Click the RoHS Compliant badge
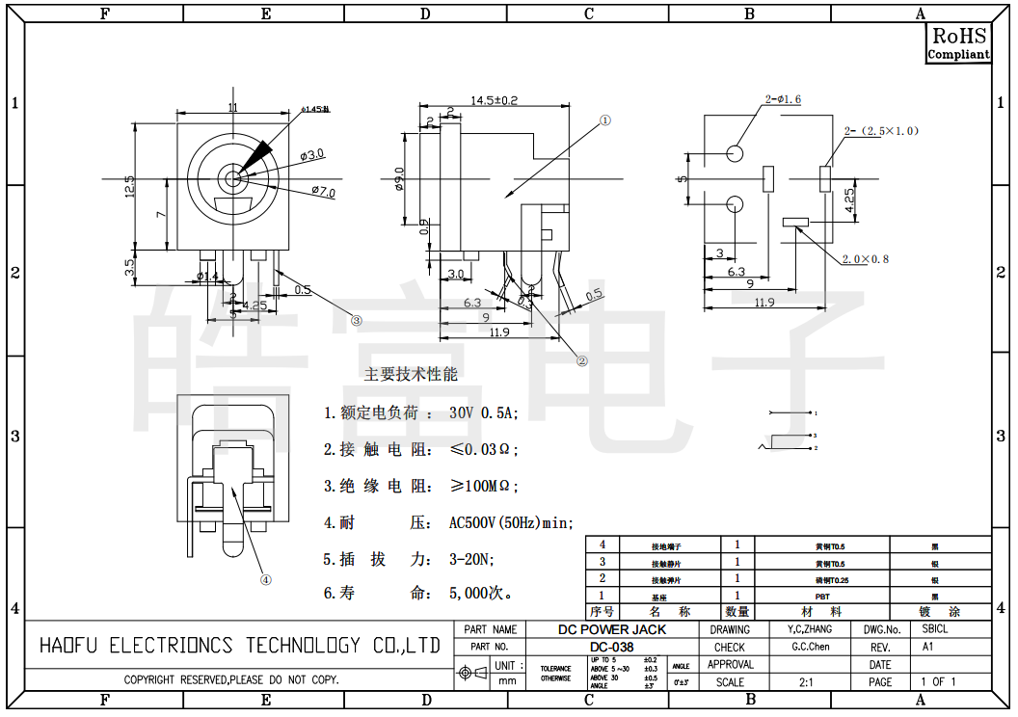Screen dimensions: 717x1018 (x=958, y=43)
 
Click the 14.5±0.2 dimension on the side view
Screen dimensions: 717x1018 (x=494, y=100)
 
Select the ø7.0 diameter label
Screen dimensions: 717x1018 (x=323, y=192)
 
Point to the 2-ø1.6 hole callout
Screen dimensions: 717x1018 (x=783, y=99)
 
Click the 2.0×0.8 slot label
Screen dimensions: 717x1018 (x=865, y=258)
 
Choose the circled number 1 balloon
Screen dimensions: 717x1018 (x=605, y=121)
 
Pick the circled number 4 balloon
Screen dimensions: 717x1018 (x=266, y=579)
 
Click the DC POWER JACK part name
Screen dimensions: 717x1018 (x=612, y=629)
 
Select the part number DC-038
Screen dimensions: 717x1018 (x=612, y=647)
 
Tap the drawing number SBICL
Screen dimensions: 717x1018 (x=934, y=629)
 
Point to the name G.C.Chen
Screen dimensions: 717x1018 (x=810, y=647)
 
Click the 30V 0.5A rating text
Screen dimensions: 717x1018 (x=483, y=412)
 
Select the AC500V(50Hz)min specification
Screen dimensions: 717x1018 (x=511, y=523)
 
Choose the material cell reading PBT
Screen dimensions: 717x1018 (x=822, y=596)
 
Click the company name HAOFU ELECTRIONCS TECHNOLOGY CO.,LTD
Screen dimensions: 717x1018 (x=239, y=646)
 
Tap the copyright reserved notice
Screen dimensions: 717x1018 (x=231, y=679)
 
